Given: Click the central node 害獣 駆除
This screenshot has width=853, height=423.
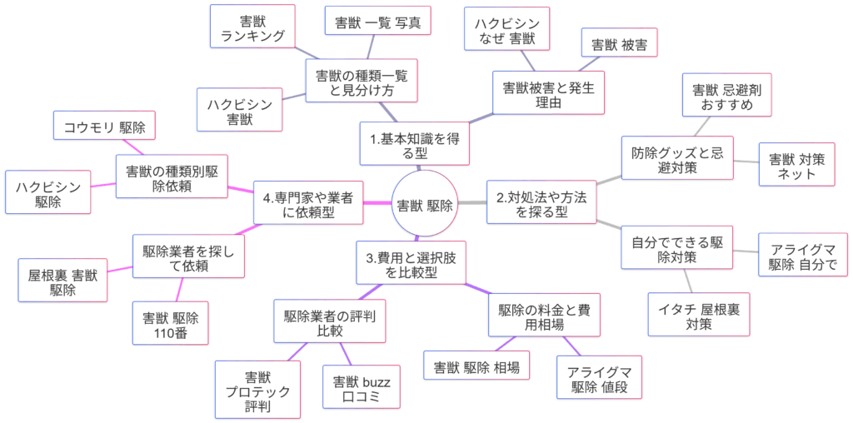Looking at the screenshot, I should coord(425,205).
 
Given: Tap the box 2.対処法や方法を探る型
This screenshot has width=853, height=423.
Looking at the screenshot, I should coord(541,202).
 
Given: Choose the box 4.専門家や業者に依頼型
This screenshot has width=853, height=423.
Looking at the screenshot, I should coord(308,202).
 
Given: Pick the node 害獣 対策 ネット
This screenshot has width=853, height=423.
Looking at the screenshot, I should coord(797,164).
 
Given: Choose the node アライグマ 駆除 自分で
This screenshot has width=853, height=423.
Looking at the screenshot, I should coord(803,255).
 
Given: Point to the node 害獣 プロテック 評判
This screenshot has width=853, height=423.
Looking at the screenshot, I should coord(257,389).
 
